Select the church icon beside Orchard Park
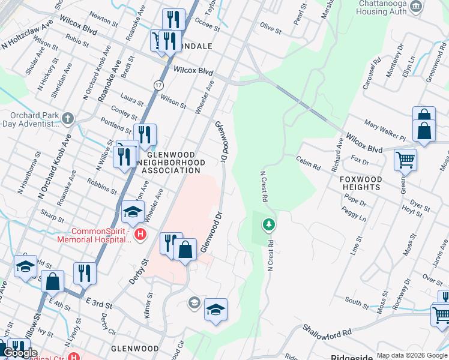[68, 118]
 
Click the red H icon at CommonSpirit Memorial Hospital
[140, 233]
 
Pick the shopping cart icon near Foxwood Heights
[405, 160]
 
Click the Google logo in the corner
[20, 353]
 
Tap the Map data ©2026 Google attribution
[412, 355]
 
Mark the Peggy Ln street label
[354, 214]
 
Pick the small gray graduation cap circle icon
[194, 302]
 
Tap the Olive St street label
[270, 28]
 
